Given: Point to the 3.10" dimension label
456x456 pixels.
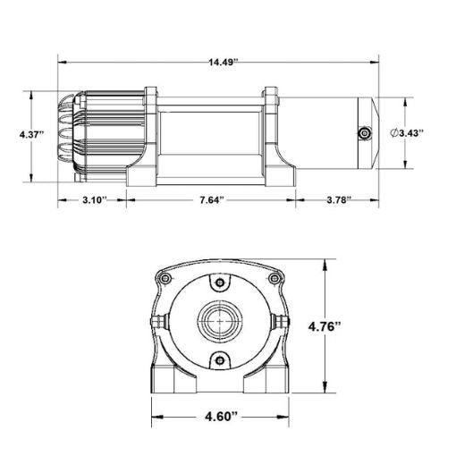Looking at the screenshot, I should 92,198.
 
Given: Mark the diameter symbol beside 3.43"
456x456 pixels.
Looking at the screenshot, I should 396,133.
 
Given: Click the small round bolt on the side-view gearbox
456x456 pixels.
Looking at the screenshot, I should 364,132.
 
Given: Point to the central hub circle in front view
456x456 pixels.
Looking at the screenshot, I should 219,320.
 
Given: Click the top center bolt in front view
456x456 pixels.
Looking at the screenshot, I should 219,283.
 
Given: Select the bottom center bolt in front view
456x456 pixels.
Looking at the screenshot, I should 219,359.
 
